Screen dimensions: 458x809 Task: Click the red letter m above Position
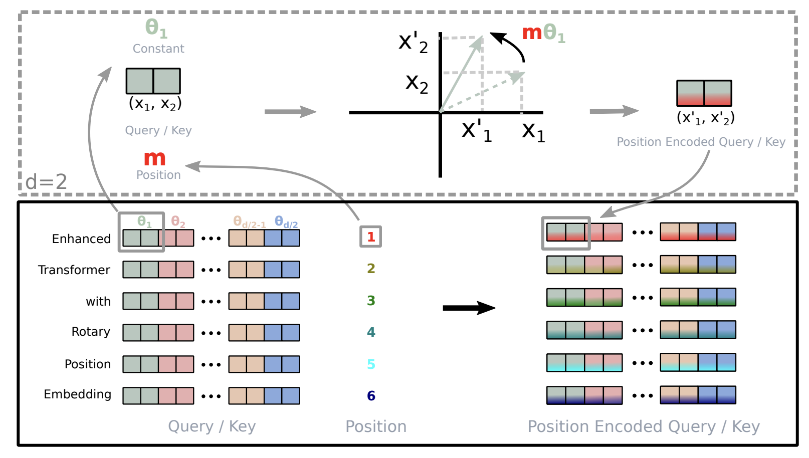point(154,158)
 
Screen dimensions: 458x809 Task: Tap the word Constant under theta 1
point(158,49)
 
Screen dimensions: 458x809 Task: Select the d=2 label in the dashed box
point(46,181)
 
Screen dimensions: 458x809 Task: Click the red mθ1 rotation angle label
point(543,33)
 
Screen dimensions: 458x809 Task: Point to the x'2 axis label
point(413,42)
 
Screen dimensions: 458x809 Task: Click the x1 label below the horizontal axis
point(533,131)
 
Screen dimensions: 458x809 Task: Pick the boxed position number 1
point(371,237)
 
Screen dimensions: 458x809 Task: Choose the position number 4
point(371,332)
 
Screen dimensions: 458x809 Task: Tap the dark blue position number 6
point(371,396)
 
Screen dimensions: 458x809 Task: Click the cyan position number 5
point(371,364)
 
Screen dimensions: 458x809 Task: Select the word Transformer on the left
point(74,270)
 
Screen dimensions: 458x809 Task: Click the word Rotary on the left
point(91,332)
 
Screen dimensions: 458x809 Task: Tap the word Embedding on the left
point(78,394)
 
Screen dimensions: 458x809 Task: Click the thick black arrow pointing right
point(469,308)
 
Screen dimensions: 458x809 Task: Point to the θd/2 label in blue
point(286,221)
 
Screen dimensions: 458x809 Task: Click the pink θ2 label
point(178,221)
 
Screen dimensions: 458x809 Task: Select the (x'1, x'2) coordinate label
point(705,118)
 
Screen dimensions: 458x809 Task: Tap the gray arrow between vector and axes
point(290,111)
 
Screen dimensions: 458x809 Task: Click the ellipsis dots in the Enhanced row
point(211,239)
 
